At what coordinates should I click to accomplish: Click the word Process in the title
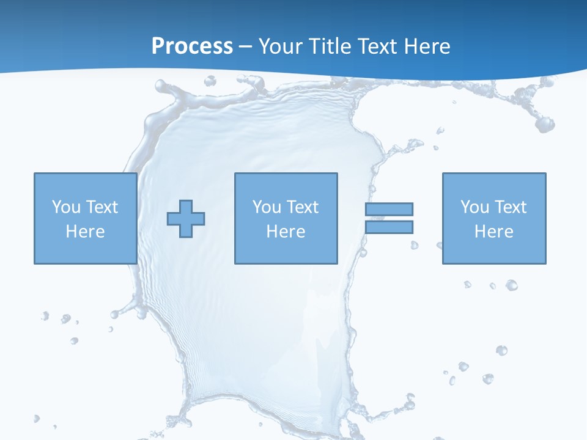[192, 46]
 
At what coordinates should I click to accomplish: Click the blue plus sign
[186, 219]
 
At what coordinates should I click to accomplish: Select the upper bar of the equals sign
[389, 209]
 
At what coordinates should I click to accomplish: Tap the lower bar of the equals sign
[389, 227]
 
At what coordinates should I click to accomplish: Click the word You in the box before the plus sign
[66, 207]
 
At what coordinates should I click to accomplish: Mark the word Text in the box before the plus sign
[101, 207]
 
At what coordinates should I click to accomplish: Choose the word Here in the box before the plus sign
[85, 232]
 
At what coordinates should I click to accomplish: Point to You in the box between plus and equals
[267, 207]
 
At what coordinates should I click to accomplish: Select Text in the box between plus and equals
[301, 207]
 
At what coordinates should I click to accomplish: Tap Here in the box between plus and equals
[286, 232]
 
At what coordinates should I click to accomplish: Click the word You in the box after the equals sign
[474, 207]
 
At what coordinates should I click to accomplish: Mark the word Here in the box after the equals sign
[493, 232]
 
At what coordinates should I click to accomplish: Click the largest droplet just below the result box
[511, 285]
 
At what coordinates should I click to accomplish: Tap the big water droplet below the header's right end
[544, 124]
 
